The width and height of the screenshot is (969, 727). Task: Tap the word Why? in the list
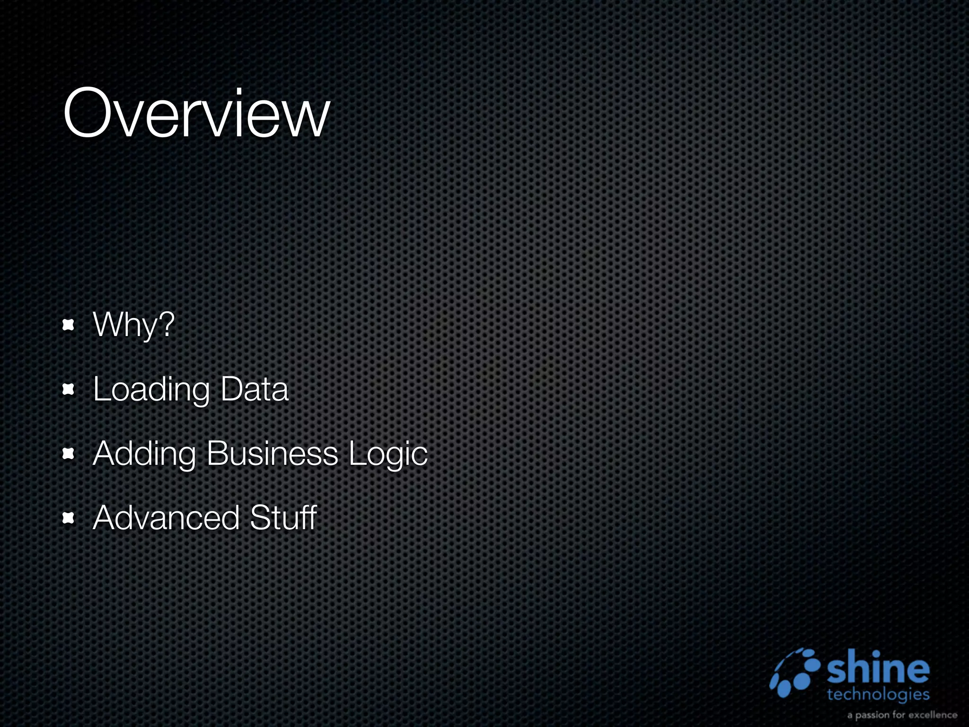[134, 325]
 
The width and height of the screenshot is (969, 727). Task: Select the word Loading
[151, 390]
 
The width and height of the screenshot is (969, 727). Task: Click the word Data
[254, 390]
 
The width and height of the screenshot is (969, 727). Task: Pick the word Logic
[388, 454]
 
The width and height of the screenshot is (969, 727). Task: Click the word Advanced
[166, 517]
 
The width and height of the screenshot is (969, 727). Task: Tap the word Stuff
[283, 517]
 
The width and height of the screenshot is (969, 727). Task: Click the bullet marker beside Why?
[69, 325]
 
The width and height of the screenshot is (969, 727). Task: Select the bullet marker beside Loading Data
[69, 390]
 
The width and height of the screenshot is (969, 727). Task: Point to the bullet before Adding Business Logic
[69, 454]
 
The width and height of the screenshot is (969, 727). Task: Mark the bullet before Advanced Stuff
[69, 518]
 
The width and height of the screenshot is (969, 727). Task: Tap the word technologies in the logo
[878, 695]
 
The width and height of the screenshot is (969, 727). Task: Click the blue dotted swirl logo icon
[795, 673]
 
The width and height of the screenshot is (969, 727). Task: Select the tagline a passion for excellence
[902, 715]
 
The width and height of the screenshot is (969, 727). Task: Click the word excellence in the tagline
[933, 715]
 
